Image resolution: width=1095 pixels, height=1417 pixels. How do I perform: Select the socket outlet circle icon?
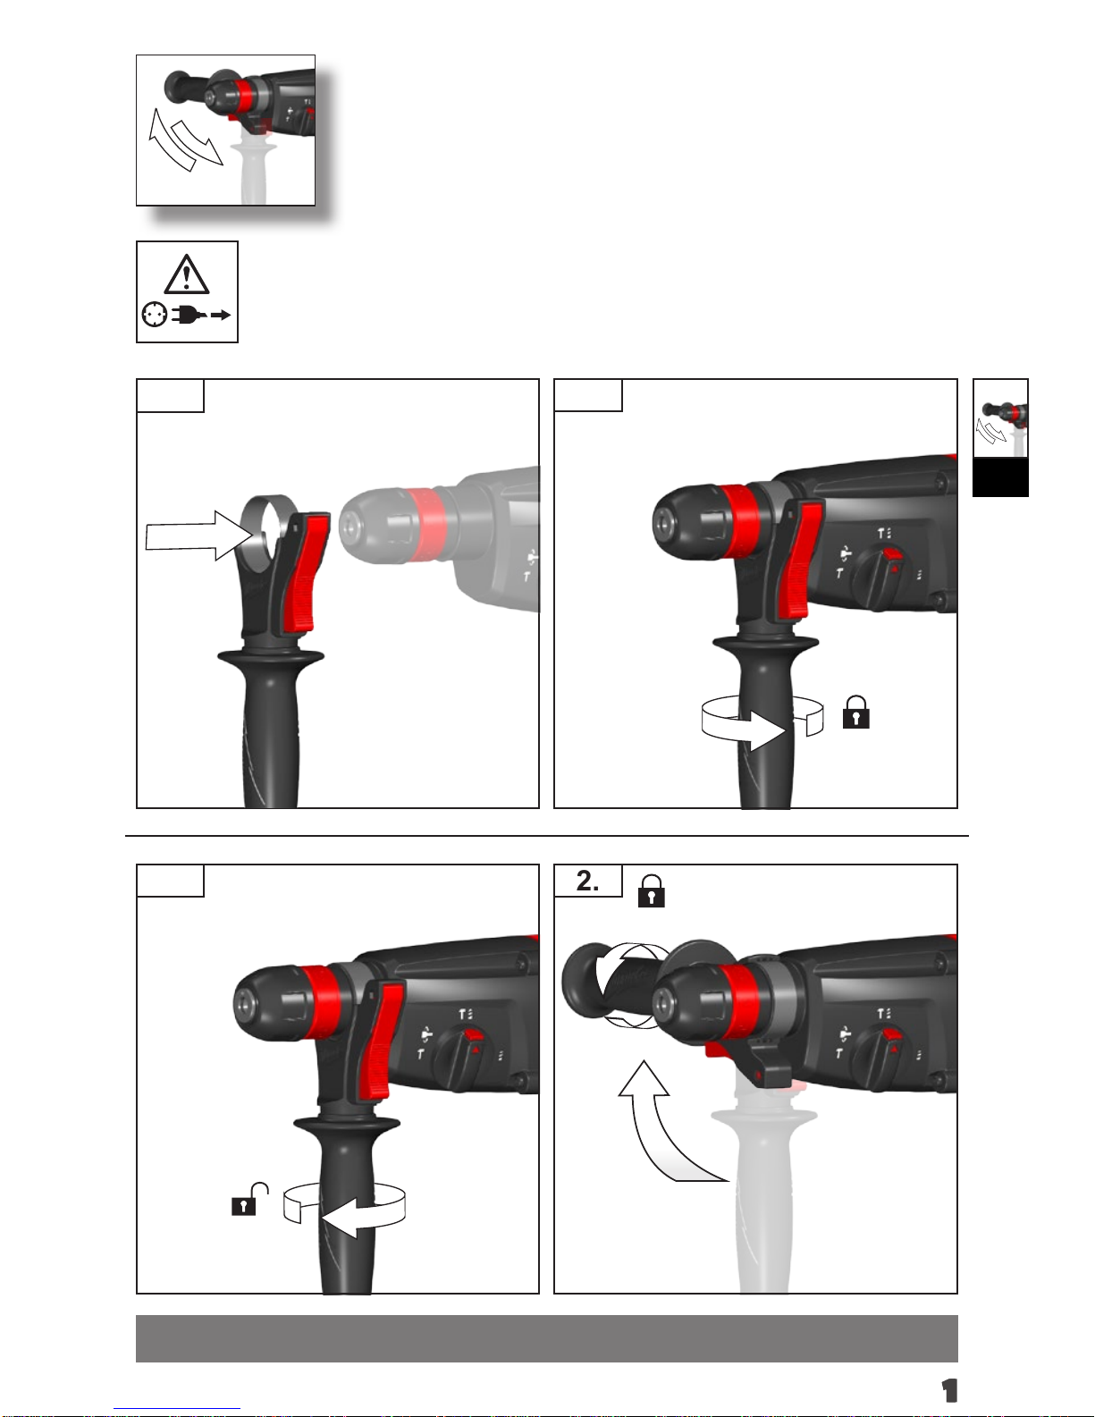(155, 316)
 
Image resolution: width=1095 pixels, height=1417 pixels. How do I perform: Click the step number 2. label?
(588, 881)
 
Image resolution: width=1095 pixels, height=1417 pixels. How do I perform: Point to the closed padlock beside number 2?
(651, 891)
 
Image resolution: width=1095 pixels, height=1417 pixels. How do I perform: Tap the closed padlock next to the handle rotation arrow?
(855, 712)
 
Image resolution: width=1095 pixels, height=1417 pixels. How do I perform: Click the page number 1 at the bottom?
(949, 1391)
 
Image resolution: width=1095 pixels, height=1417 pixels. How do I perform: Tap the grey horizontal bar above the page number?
(547, 1338)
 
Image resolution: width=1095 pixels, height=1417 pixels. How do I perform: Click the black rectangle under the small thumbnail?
(1000, 477)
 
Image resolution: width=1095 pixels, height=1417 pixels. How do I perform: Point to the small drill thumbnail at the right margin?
(1000, 418)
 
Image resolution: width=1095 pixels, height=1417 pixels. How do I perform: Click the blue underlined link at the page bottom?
(177, 1410)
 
